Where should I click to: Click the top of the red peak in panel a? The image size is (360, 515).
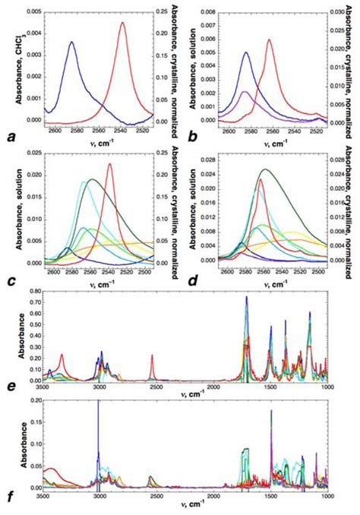pyautogui.click(x=123, y=22)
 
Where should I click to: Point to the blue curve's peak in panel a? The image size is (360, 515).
pyautogui.click(x=71, y=42)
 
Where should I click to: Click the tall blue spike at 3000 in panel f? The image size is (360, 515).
pyautogui.click(x=98, y=400)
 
